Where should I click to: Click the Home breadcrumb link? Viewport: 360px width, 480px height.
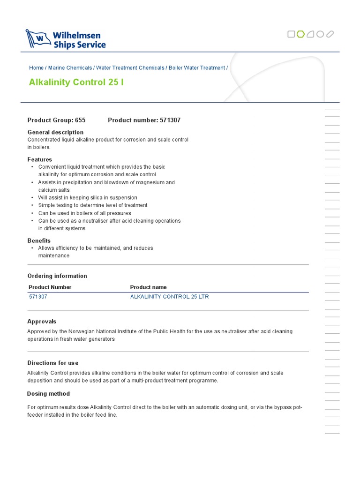point(36,68)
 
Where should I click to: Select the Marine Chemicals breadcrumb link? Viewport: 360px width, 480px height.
point(70,68)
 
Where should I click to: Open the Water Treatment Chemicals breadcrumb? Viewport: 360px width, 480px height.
point(130,68)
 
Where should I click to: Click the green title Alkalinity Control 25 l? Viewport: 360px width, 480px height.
point(76,82)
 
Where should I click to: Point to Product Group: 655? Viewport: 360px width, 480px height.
point(56,120)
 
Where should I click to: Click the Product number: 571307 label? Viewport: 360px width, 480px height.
point(144,120)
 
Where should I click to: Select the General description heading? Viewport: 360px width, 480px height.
point(55,132)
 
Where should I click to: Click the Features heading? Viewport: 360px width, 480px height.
point(40,159)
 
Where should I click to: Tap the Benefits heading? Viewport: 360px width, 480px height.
point(39,240)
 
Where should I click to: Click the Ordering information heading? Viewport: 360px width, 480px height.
point(57,276)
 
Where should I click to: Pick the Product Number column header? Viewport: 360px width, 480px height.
point(50,287)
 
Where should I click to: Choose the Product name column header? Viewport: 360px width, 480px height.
point(148,287)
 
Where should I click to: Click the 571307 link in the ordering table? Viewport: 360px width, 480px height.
point(38,297)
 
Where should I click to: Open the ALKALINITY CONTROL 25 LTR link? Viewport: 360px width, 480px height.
point(169,297)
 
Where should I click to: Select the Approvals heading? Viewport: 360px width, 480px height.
point(42,322)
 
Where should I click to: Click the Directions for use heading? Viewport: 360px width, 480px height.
point(53,363)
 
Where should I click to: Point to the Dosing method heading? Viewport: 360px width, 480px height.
point(48,394)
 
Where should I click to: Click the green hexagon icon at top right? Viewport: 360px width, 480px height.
point(301,34)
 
